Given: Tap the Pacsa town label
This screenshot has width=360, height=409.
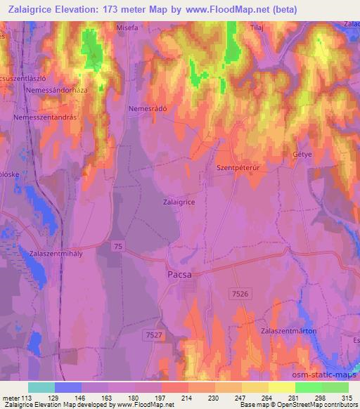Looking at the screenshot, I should click(179, 275).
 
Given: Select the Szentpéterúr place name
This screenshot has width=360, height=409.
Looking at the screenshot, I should click(237, 168).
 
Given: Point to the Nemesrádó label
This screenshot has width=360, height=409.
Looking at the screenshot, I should click(147, 109).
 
